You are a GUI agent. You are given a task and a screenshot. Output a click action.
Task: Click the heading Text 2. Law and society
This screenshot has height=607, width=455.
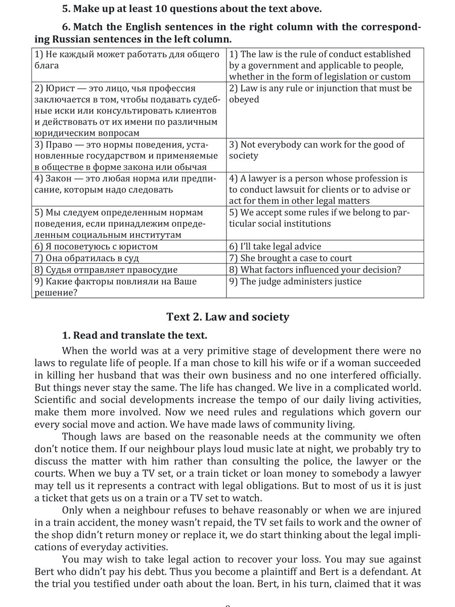tap(227, 317)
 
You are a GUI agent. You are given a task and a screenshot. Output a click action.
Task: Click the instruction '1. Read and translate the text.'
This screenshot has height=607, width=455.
tap(134, 335)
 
